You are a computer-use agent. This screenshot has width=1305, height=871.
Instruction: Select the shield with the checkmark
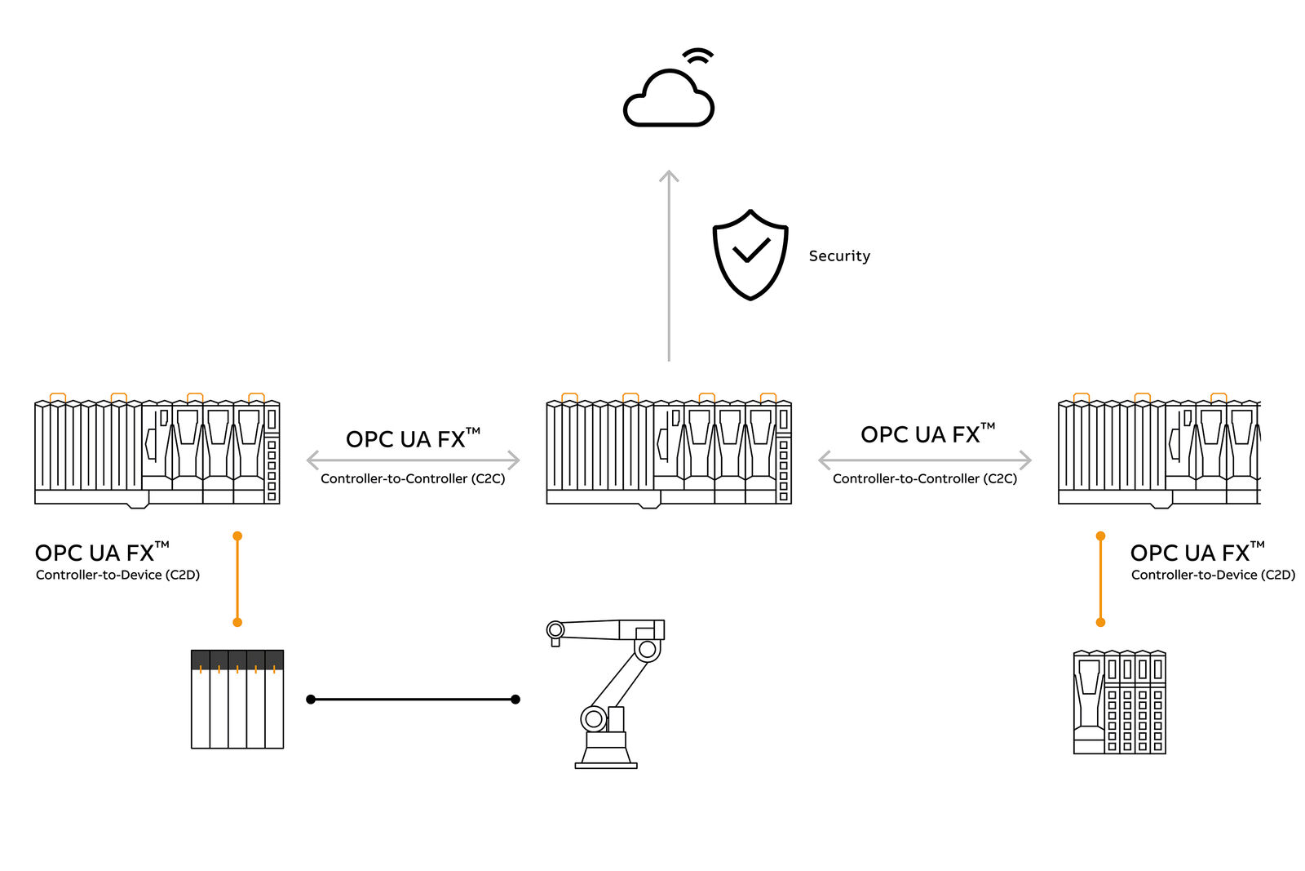pyautogui.click(x=750, y=255)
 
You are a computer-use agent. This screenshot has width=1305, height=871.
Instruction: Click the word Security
pyautogui.click(x=839, y=256)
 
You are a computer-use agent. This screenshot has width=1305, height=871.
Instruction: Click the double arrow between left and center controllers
pyautogui.click(x=413, y=460)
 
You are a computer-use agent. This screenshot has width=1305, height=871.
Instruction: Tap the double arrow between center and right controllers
pyautogui.click(x=925, y=460)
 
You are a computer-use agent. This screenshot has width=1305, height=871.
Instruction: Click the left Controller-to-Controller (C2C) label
pyautogui.click(x=413, y=478)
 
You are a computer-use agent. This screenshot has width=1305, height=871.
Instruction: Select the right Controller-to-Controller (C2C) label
pyautogui.click(x=925, y=478)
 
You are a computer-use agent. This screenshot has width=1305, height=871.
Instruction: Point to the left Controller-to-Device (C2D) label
pyautogui.click(x=117, y=575)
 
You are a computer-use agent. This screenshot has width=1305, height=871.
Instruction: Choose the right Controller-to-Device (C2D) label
pyautogui.click(x=1213, y=575)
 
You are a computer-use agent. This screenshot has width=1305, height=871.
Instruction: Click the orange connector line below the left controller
pyautogui.click(x=237, y=580)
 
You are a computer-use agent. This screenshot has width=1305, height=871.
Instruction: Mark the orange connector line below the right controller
pyautogui.click(x=1100, y=580)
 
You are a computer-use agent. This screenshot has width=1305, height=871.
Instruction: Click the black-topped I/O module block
pyautogui.click(x=237, y=699)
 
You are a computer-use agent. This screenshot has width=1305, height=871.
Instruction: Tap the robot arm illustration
pyautogui.click(x=608, y=694)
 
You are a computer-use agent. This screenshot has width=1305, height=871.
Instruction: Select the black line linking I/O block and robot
pyautogui.click(x=413, y=700)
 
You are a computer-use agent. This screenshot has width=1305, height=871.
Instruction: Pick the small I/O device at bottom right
pyautogui.click(x=1119, y=702)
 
